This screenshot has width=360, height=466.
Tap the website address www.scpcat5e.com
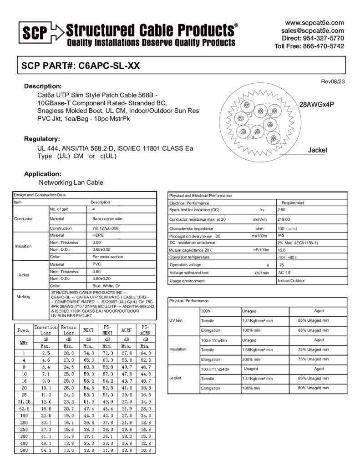point(314,23)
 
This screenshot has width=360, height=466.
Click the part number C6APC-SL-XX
point(109,66)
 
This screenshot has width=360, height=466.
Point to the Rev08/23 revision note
point(333,81)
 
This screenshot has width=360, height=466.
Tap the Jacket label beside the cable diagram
point(317,150)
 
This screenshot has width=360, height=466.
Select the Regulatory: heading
point(42,139)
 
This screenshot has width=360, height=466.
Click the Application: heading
point(42,174)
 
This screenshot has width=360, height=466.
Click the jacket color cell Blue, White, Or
point(106,286)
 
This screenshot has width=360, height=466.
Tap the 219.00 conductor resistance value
point(284,219)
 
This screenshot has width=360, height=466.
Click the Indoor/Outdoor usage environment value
point(292,281)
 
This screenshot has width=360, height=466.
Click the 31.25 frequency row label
point(23,402)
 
